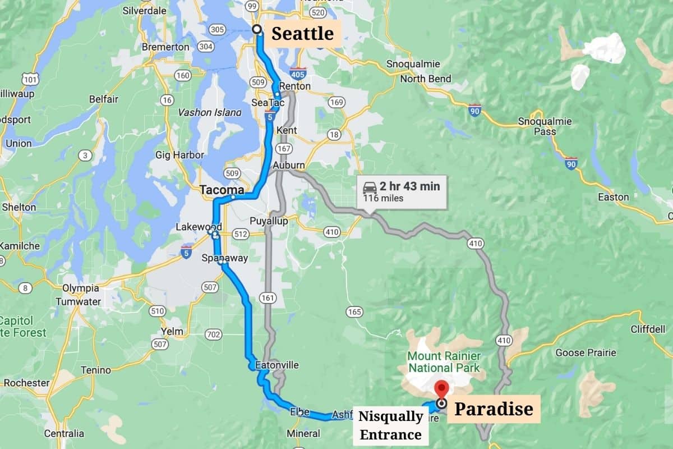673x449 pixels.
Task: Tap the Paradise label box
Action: (x=494, y=409)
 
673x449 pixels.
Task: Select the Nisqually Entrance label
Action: (x=391, y=425)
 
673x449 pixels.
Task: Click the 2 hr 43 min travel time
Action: (x=409, y=186)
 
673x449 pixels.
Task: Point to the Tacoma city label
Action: (x=223, y=190)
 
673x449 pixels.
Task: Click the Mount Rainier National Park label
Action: (x=444, y=361)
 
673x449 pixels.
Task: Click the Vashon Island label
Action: (x=210, y=112)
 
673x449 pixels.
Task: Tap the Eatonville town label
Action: (x=276, y=365)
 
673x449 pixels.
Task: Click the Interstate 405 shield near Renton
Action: (x=298, y=73)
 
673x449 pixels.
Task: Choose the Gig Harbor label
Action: (x=180, y=155)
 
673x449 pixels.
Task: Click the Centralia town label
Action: (x=64, y=433)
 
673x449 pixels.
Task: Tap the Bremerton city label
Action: (x=165, y=47)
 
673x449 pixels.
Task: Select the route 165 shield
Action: (x=354, y=311)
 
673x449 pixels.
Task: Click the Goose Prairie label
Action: (x=586, y=352)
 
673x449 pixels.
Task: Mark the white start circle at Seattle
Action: (x=257, y=29)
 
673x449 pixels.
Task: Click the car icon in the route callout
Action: (x=370, y=187)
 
